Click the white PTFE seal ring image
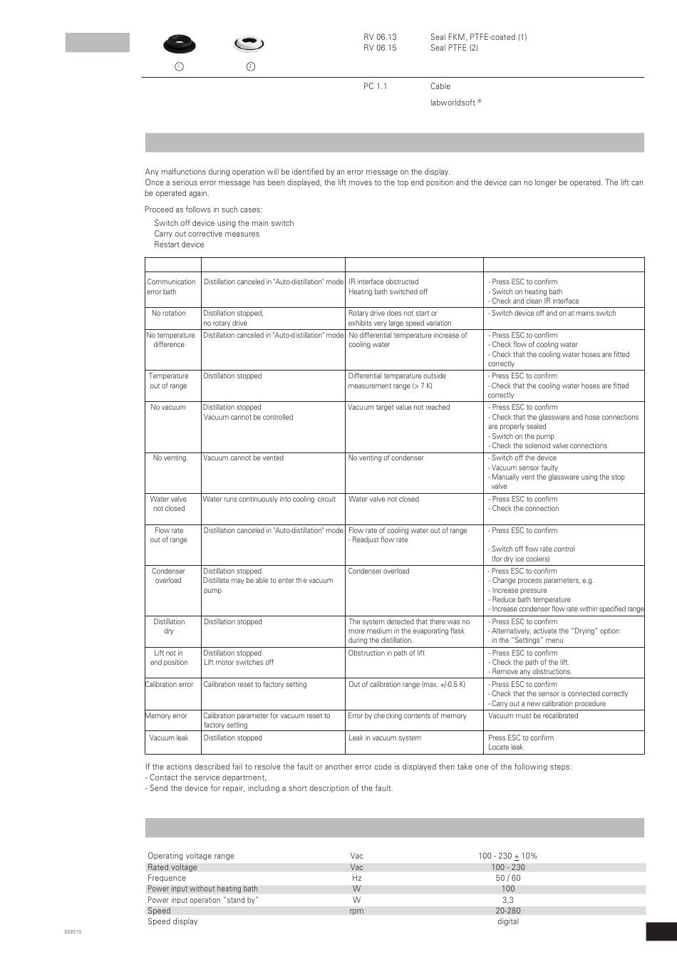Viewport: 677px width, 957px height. tap(249, 44)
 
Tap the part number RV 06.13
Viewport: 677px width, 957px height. tap(380, 37)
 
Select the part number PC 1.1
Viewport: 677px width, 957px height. tap(375, 86)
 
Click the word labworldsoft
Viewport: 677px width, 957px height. tap(453, 103)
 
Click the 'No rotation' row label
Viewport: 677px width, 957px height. tap(168, 314)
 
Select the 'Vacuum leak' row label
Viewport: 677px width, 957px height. tap(169, 738)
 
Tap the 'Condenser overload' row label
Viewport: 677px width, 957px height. tap(168, 576)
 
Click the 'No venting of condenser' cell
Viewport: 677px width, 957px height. tap(386, 458)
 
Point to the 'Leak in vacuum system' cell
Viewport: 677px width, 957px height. tap(385, 738)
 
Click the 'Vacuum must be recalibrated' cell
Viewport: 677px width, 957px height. tap(533, 716)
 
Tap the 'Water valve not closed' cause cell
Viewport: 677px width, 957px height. tap(383, 500)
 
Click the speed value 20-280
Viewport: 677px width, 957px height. tap(508, 911)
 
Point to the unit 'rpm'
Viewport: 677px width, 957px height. tap(356, 911)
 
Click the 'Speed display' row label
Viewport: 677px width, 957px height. tap(172, 921)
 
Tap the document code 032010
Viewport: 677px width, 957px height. tap(73, 932)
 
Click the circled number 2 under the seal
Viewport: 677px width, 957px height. tap(250, 66)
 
